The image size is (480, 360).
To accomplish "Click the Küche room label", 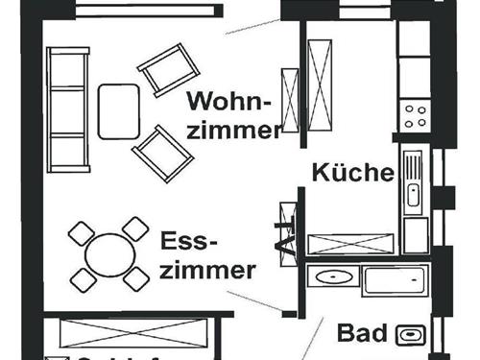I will pyautogui.click(x=353, y=174).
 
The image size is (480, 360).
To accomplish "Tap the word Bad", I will pyautogui.click(x=360, y=334).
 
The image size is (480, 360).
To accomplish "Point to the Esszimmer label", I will pyautogui.click(x=207, y=254).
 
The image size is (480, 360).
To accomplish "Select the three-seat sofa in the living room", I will pyautogui.click(x=68, y=110).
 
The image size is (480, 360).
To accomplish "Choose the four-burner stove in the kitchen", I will pyautogui.click(x=416, y=114).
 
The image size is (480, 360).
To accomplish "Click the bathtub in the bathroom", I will pyautogui.click(x=393, y=280).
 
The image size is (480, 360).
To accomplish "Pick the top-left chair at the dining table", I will pyautogui.click(x=81, y=232).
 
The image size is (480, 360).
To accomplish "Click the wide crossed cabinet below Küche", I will pyautogui.click(x=351, y=243).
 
